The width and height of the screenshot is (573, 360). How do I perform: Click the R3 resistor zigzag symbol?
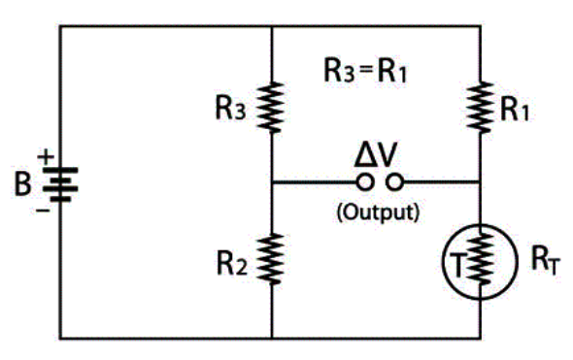click(271, 108)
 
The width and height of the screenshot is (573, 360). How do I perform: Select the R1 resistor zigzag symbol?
click(480, 108)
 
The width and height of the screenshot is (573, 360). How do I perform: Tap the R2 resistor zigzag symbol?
click(271, 259)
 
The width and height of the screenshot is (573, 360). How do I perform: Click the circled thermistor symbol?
click(480, 262)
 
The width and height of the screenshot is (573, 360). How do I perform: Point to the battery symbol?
click(60, 184)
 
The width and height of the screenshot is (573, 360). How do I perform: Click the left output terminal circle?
click(365, 181)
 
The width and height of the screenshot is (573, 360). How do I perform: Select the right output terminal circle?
click(395, 181)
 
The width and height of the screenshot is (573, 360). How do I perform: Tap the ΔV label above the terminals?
click(376, 155)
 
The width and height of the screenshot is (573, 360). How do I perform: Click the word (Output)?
click(378, 212)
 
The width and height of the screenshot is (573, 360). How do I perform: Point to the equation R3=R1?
click(365, 71)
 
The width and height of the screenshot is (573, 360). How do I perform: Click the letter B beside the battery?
click(22, 183)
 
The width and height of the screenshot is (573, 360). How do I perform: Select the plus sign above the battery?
click(46, 157)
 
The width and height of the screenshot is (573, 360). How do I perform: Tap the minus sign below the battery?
click(43, 211)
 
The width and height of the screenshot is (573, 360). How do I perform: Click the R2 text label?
click(232, 263)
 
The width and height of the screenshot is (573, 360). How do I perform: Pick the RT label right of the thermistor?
click(545, 260)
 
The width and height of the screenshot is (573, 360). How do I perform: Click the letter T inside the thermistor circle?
click(457, 265)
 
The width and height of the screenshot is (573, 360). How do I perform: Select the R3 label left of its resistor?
click(230, 108)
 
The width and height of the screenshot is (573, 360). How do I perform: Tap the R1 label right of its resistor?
click(515, 110)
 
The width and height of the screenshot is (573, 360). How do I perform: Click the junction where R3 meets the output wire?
click(272, 181)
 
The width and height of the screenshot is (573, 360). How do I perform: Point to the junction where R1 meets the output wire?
click(480, 181)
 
